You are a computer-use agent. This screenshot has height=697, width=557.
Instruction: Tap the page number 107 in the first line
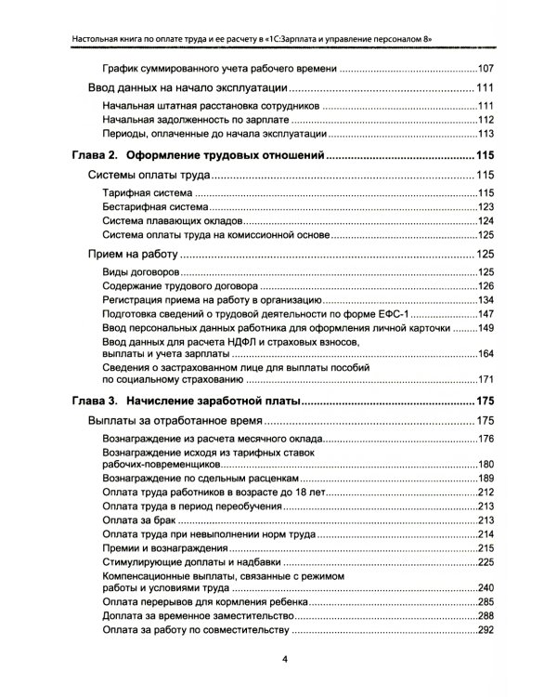tap(485, 70)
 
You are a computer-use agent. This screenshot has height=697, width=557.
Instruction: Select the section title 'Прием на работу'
tap(132, 253)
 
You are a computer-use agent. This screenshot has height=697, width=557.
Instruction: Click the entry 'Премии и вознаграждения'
tap(168, 548)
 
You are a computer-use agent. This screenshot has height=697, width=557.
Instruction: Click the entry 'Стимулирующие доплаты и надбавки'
tap(195, 562)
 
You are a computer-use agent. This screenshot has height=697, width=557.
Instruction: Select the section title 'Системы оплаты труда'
tap(149, 175)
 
